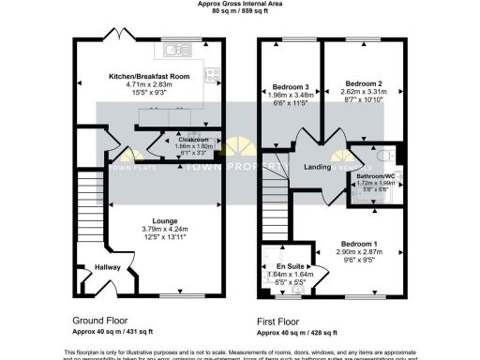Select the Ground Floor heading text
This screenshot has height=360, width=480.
[97, 319]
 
